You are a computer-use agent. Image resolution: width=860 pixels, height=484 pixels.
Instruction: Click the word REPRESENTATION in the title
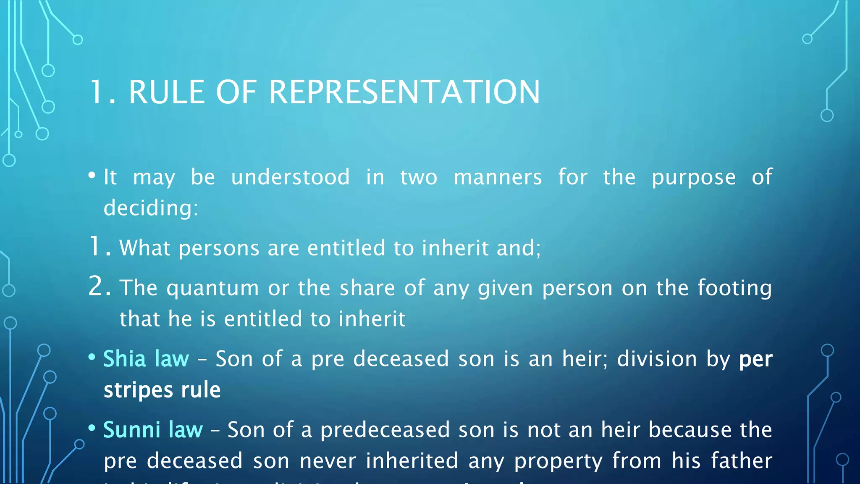[404, 92]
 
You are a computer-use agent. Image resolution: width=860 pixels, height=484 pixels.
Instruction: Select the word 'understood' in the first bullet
[290, 177]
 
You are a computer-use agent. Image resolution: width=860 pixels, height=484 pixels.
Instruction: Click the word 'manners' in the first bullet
[498, 177]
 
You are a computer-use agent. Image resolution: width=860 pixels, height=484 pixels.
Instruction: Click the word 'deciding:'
[151, 208]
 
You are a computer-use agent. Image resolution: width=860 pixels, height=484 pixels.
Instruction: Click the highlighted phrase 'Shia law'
[146, 359]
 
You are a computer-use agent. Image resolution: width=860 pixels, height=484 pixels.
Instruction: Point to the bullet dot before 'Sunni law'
[92, 428]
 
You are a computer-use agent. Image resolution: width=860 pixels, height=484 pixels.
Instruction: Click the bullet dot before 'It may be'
[92, 176]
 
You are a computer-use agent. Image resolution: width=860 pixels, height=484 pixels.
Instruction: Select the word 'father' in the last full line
[741, 460]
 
